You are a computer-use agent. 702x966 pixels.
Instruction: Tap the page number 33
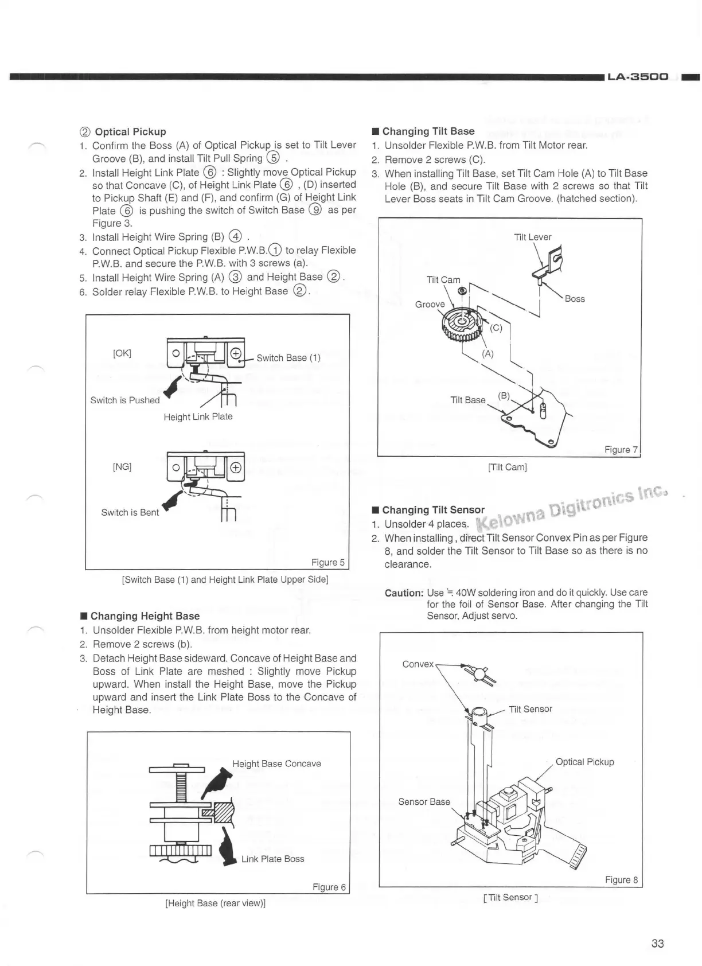[657, 944]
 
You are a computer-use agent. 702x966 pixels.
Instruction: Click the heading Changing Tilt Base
[428, 131]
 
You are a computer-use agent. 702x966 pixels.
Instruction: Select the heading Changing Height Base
[145, 616]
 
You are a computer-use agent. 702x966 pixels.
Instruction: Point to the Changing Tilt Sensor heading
[433, 510]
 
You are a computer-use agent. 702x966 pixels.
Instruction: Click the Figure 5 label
[328, 562]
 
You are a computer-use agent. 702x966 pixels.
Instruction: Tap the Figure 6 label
[329, 887]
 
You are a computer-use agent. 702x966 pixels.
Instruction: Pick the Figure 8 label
[621, 880]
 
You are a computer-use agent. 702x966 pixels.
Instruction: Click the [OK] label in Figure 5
[122, 353]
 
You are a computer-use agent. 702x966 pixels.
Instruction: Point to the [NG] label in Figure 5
[122, 466]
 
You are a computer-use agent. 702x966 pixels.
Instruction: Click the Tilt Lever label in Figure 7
[532, 237]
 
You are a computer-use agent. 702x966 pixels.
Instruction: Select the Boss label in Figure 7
[575, 299]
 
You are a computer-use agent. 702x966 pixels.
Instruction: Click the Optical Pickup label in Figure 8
[584, 762]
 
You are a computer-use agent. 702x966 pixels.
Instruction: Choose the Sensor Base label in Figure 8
[424, 801]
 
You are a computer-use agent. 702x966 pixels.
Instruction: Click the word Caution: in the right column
[404, 593]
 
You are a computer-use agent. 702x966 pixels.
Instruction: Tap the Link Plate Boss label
[272, 859]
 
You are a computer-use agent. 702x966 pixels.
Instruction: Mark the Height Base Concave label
[276, 764]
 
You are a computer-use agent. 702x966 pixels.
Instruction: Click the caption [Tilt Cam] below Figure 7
[507, 467]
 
